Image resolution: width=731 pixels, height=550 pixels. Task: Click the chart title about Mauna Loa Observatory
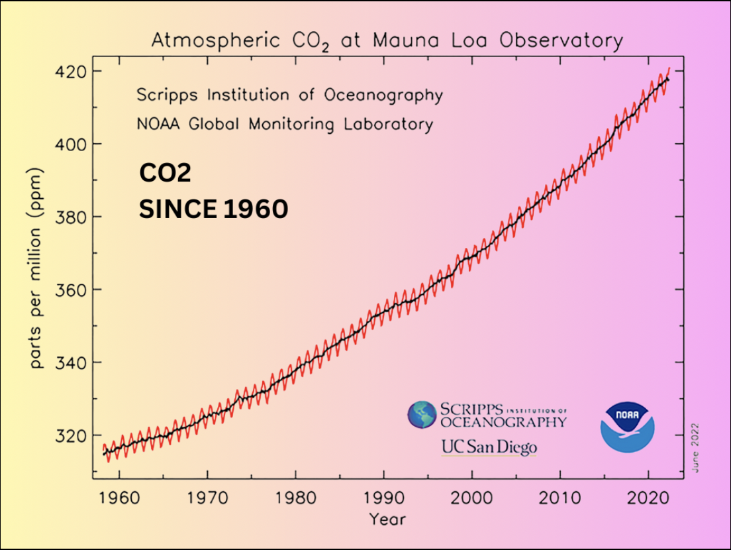387,41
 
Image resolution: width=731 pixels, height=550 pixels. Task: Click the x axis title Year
387,518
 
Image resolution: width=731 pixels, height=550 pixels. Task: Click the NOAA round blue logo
627,425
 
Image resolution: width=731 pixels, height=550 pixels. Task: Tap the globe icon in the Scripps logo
421,414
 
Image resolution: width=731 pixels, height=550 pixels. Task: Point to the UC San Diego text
489,447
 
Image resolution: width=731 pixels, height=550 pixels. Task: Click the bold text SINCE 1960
213,209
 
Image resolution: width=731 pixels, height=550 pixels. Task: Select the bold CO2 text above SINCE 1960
165,174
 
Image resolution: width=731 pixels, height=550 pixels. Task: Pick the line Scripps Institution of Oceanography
289,95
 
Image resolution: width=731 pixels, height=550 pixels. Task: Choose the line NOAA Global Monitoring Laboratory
285,124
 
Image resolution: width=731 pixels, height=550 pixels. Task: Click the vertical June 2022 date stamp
695,448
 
